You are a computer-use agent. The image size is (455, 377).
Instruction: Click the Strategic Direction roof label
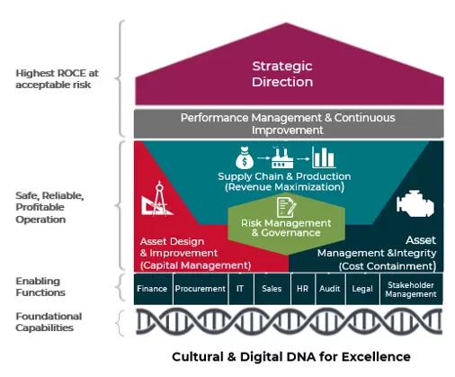coord(282,74)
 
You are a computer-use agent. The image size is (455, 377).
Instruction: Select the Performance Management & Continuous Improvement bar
coord(289,123)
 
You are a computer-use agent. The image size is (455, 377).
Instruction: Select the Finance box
coord(152,289)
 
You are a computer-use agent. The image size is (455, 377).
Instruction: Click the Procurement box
coord(199,289)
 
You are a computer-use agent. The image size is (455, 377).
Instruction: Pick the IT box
coord(238,289)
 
